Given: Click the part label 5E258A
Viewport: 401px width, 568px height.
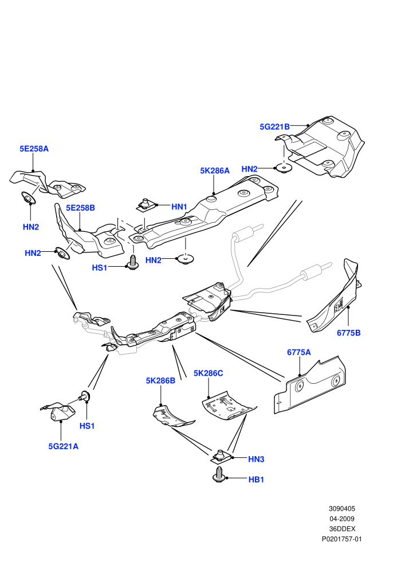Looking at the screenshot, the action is tap(34, 149).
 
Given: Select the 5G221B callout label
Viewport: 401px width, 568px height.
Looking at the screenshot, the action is tap(274, 127).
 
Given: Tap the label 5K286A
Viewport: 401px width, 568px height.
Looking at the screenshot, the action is tap(215, 170).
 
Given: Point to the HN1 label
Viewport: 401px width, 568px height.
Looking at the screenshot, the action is tap(179, 207).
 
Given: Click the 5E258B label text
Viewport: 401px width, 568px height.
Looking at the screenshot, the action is tap(80, 208).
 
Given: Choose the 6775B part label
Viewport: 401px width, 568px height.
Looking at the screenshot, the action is tap(348, 333).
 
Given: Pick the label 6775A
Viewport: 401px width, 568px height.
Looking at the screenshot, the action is tap(298, 352).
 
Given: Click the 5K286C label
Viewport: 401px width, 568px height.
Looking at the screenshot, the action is tap(209, 373).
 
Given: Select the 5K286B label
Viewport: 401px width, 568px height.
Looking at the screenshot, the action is tap(160, 381).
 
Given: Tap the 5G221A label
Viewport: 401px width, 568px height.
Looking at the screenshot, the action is tap(63, 446).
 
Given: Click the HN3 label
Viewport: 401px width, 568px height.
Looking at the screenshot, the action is tap(256, 460).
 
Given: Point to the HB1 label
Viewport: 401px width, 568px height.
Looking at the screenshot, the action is tap(256, 480).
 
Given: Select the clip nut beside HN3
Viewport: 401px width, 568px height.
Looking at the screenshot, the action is tap(219, 457).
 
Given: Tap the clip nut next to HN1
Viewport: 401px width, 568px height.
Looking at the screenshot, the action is tap(146, 205).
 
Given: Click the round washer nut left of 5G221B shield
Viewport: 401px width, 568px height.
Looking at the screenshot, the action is tap(284, 168).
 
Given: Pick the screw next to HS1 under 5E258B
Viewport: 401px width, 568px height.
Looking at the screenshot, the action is tap(133, 263).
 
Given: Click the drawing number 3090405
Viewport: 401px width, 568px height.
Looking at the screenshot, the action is tap(341, 508).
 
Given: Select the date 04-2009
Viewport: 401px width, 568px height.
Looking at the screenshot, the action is tap(341, 519).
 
